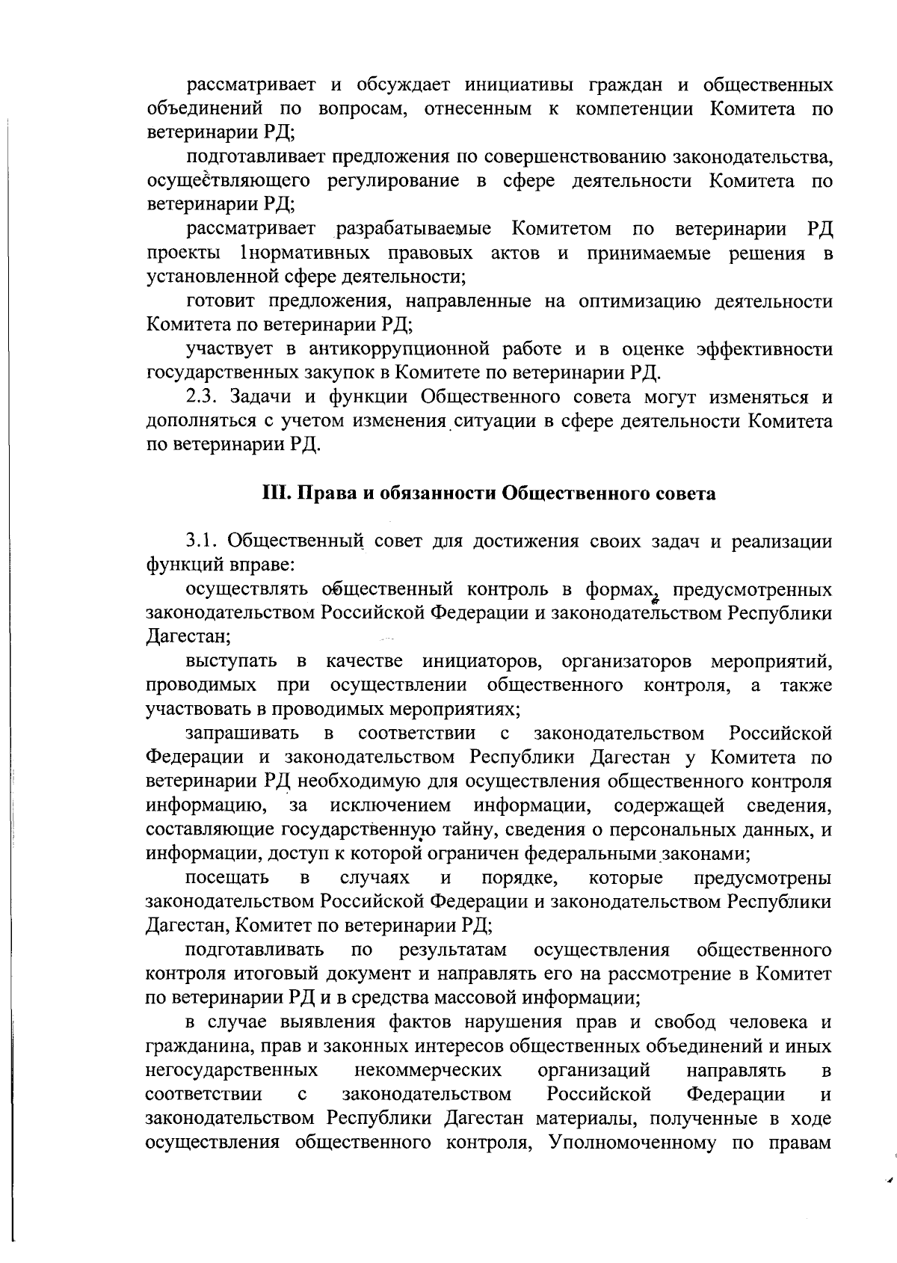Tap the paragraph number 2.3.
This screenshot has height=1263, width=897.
pos(202,396)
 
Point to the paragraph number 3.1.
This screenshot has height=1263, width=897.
pos(202,541)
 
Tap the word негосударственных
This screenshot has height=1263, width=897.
pos(232,1070)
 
